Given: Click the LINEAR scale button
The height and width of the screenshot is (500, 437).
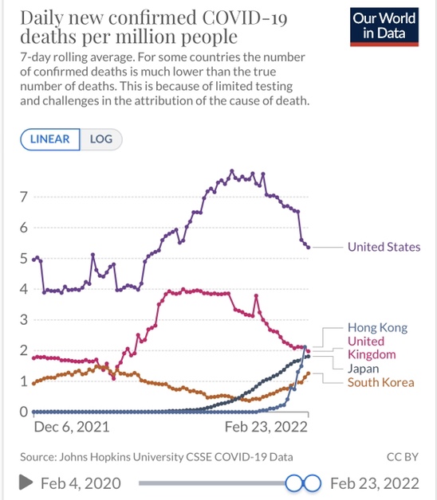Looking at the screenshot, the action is [x=49, y=139].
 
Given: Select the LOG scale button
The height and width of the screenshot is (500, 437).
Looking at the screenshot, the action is [x=101, y=139].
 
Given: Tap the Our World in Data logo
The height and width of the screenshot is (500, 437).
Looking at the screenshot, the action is [x=384, y=27].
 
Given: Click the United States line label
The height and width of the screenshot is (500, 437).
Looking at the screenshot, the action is [x=384, y=247].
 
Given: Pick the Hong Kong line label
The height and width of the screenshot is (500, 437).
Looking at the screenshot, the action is [x=377, y=328].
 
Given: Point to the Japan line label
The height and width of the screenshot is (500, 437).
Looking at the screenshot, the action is [x=363, y=369].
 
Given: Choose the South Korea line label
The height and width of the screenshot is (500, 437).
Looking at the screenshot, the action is [x=380, y=382].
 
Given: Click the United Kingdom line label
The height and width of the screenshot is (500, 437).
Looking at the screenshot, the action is [x=372, y=348].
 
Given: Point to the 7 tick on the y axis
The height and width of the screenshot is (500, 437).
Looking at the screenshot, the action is [x=23, y=197].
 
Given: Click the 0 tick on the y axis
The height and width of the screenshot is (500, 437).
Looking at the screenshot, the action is [x=24, y=412].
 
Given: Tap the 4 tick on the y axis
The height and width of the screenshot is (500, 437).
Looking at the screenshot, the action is [x=24, y=289].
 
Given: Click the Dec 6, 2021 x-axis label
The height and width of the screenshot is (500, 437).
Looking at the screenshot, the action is [x=72, y=427].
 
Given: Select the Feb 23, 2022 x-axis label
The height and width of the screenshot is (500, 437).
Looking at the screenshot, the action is [x=266, y=427].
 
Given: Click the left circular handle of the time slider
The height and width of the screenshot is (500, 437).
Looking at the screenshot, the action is [x=294, y=483].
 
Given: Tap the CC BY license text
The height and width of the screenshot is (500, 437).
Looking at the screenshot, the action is [x=402, y=457].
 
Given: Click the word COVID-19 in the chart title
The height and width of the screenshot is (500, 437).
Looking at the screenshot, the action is [x=245, y=18].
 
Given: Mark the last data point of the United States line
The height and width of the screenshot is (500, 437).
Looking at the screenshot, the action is [x=309, y=247].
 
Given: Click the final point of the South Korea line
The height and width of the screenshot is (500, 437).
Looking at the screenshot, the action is [x=309, y=373].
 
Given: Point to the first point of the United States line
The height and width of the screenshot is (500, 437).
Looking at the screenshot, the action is [x=33, y=260].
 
